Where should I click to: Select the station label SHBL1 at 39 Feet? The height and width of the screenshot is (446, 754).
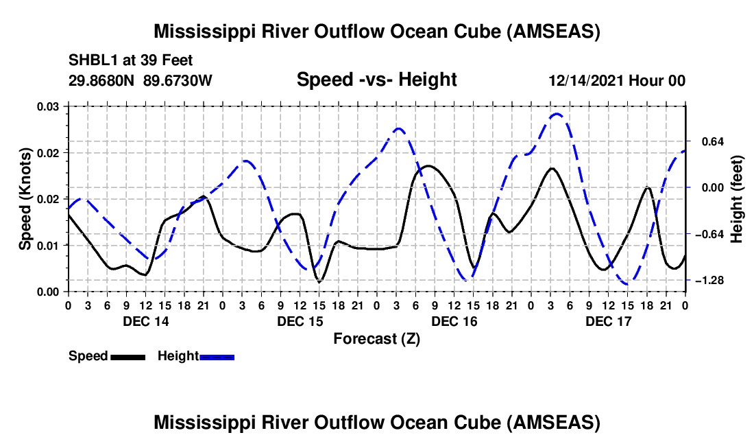[121, 60]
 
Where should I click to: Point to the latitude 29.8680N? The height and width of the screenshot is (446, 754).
[102, 80]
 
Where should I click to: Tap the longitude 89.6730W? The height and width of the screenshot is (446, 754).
[178, 80]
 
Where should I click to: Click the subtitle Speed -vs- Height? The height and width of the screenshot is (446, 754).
[376, 80]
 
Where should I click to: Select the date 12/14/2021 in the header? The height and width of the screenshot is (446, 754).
[587, 80]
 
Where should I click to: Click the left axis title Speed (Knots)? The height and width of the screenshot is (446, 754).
[25, 199]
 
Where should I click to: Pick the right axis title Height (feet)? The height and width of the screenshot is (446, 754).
[737, 199]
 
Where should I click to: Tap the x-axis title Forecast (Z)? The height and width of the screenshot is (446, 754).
[376, 338]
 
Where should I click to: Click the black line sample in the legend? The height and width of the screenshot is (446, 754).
[127, 356]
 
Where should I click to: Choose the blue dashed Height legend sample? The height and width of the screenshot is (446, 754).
[217, 356]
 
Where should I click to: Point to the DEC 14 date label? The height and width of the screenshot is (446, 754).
[146, 321]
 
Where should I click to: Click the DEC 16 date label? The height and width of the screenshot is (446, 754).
[454, 321]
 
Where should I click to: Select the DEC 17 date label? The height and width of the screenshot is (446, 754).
[609, 321]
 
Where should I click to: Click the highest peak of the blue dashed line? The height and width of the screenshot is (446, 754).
[557, 114]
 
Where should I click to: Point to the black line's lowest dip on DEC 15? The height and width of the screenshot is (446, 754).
[319, 281]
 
